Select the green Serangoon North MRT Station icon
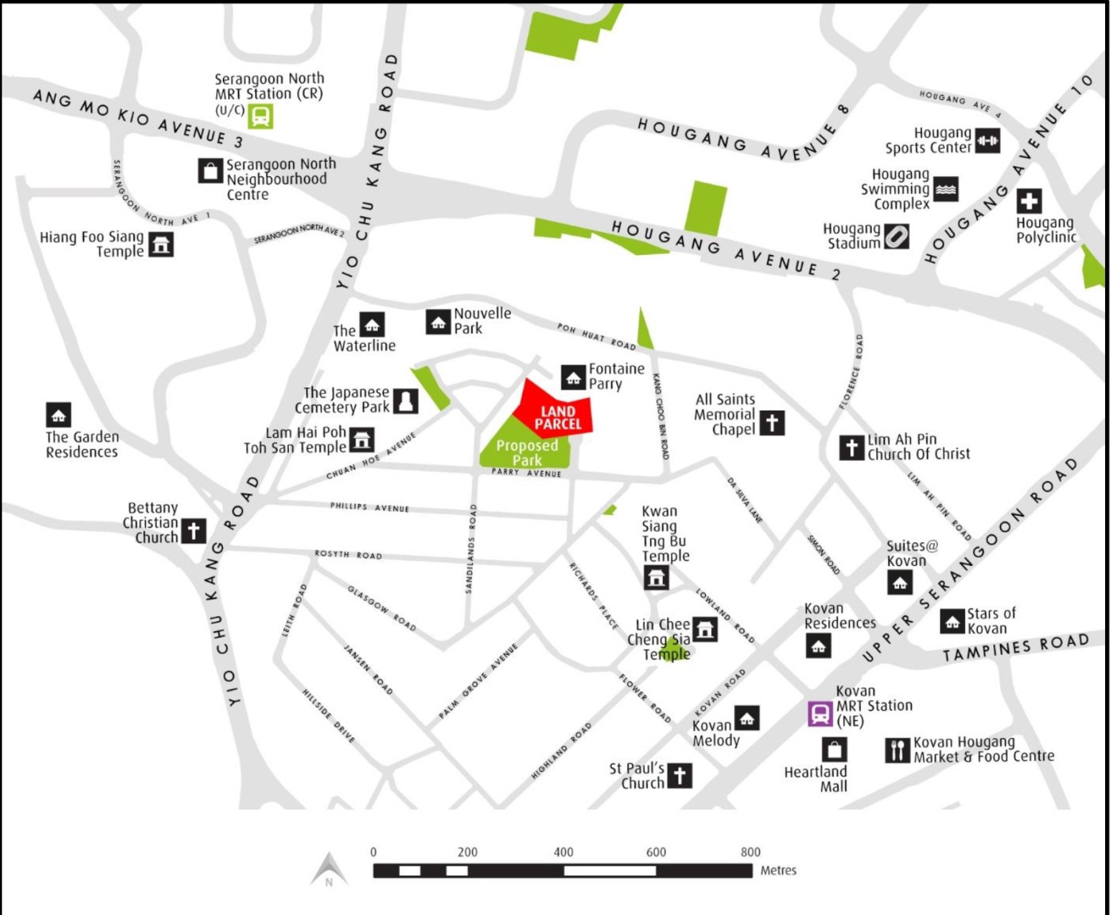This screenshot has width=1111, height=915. click(260, 116)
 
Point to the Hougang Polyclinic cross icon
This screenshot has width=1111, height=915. click(1029, 201)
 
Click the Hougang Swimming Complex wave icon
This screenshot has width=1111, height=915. click(946, 189)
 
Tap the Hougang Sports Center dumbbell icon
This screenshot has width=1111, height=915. click(987, 141)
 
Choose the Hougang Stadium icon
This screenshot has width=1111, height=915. click(896, 237)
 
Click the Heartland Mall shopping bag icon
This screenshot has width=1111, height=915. click(834, 750)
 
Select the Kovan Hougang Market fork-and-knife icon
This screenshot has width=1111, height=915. click(897, 751)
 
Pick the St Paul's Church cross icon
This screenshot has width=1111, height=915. click(680, 776)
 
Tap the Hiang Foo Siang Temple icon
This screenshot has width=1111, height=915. click(161, 244)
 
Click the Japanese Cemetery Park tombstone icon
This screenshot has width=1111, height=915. click(405, 401)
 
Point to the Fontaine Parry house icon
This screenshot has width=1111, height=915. click(573, 377)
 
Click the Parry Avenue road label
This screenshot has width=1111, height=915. click(527, 473)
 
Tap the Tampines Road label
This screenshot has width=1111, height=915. click(1015, 648)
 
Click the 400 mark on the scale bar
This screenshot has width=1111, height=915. click(564, 853)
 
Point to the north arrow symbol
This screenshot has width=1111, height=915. click(329, 870)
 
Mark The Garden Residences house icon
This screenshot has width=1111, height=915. click(59, 415)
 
